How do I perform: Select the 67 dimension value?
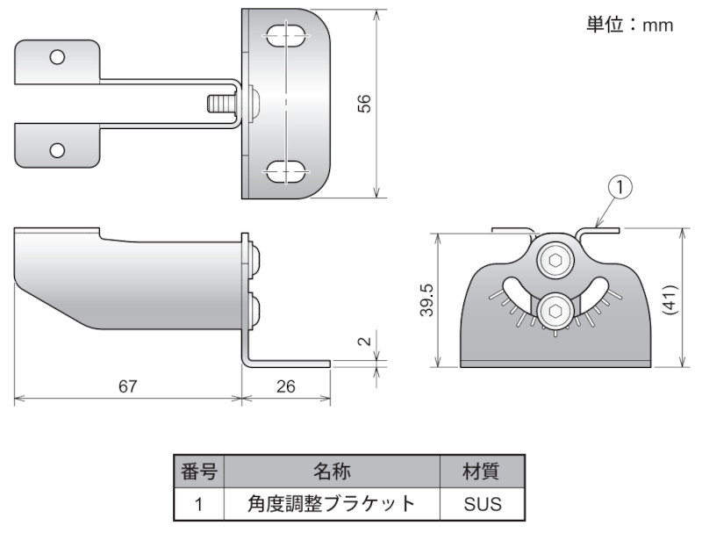[128, 386]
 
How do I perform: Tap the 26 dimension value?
[286, 386]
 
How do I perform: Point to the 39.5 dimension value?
[426, 300]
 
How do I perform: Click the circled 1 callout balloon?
[620, 186]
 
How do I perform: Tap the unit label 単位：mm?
[629, 25]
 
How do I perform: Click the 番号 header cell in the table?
[199, 472]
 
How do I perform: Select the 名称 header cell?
[331, 472]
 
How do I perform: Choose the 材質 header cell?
[481, 472]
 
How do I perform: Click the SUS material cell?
[481, 504]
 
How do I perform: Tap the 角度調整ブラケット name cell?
[331, 504]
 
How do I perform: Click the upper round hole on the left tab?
[57, 58]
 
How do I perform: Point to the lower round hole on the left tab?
[57, 149]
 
